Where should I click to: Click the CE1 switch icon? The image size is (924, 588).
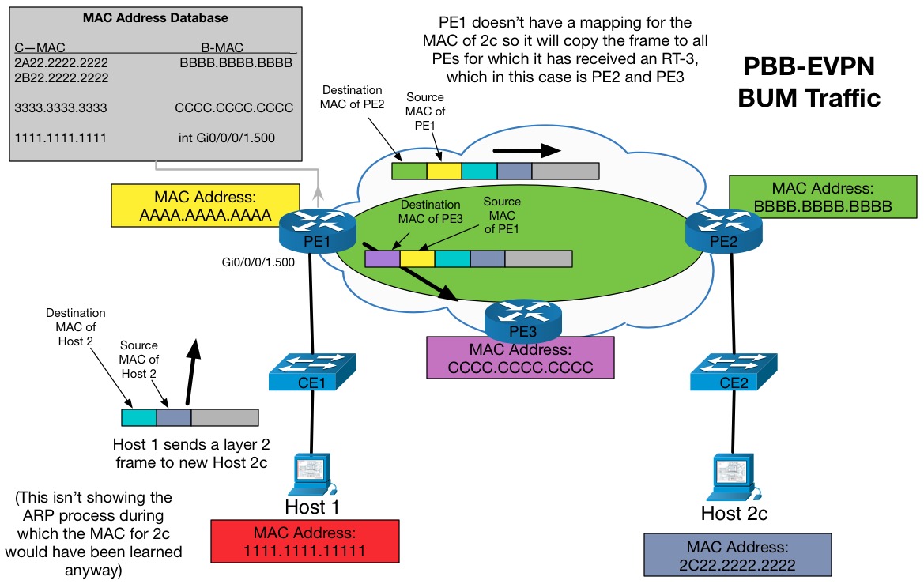coord(312,371)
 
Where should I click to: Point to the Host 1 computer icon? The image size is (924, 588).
coord(315,473)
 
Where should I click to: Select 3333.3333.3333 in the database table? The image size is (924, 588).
coord(61,107)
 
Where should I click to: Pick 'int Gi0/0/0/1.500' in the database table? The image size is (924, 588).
coord(227,138)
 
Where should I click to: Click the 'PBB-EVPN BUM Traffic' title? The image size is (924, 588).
coord(809,81)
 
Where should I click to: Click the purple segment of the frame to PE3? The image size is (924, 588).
coord(382,258)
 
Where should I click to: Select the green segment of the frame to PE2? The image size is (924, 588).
coord(409,171)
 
